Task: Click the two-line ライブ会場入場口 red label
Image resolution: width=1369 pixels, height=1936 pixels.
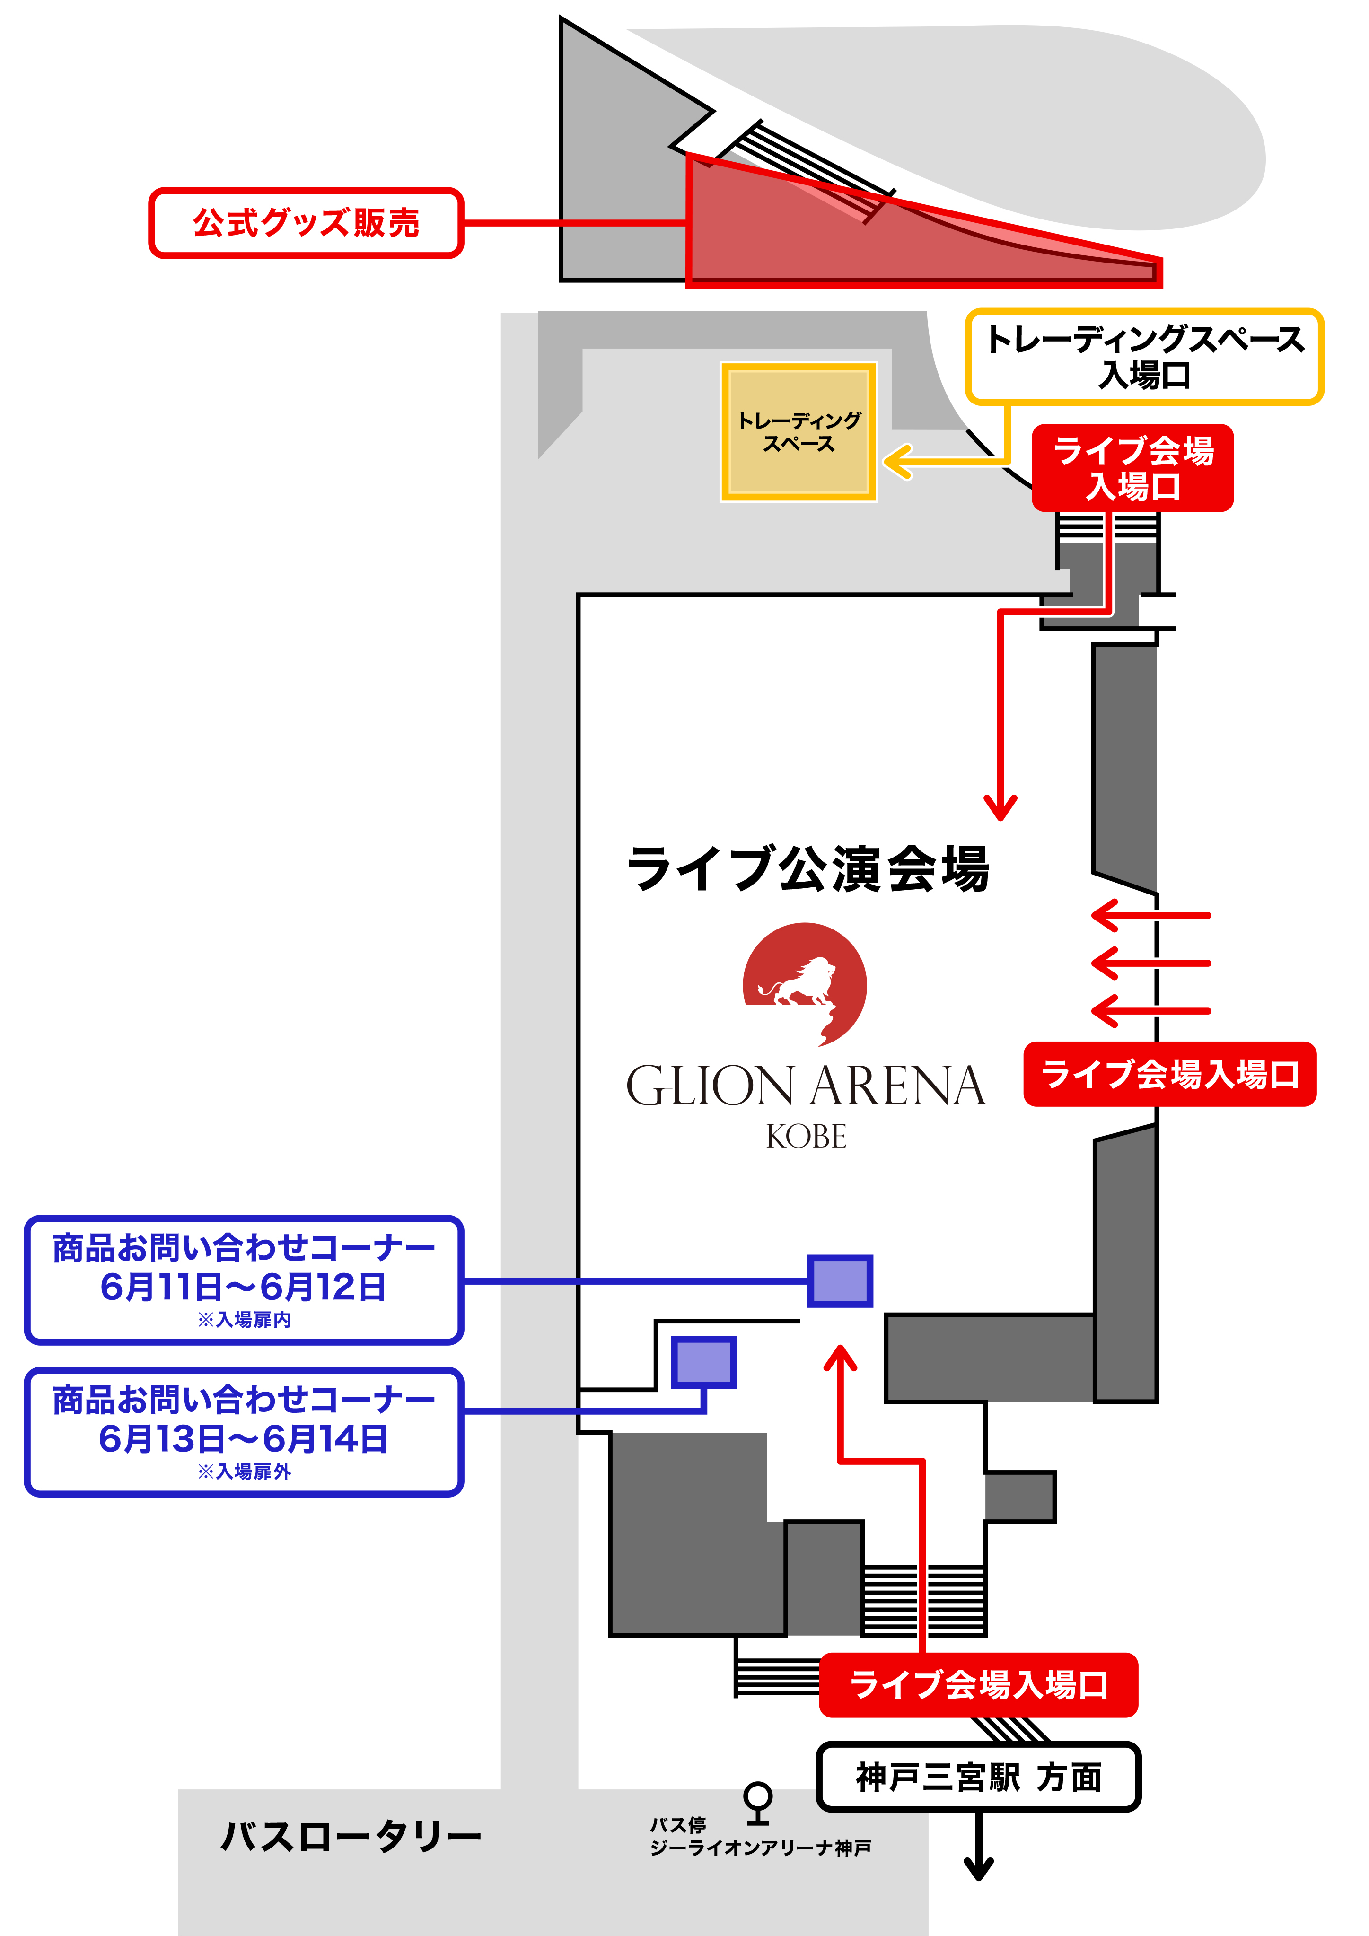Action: click(1133, 468)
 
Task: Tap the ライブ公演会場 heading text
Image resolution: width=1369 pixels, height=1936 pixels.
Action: click(808, 868)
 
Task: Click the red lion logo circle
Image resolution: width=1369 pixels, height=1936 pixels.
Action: click(805, 984)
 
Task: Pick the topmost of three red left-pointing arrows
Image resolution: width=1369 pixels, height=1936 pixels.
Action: click(1150, 915)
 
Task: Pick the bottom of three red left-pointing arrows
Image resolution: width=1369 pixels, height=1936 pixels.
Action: click(1150, 1010)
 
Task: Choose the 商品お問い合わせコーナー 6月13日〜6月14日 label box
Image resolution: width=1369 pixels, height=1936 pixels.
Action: click(244, 1432)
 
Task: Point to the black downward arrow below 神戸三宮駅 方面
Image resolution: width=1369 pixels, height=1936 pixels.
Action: click(978, 1847)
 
